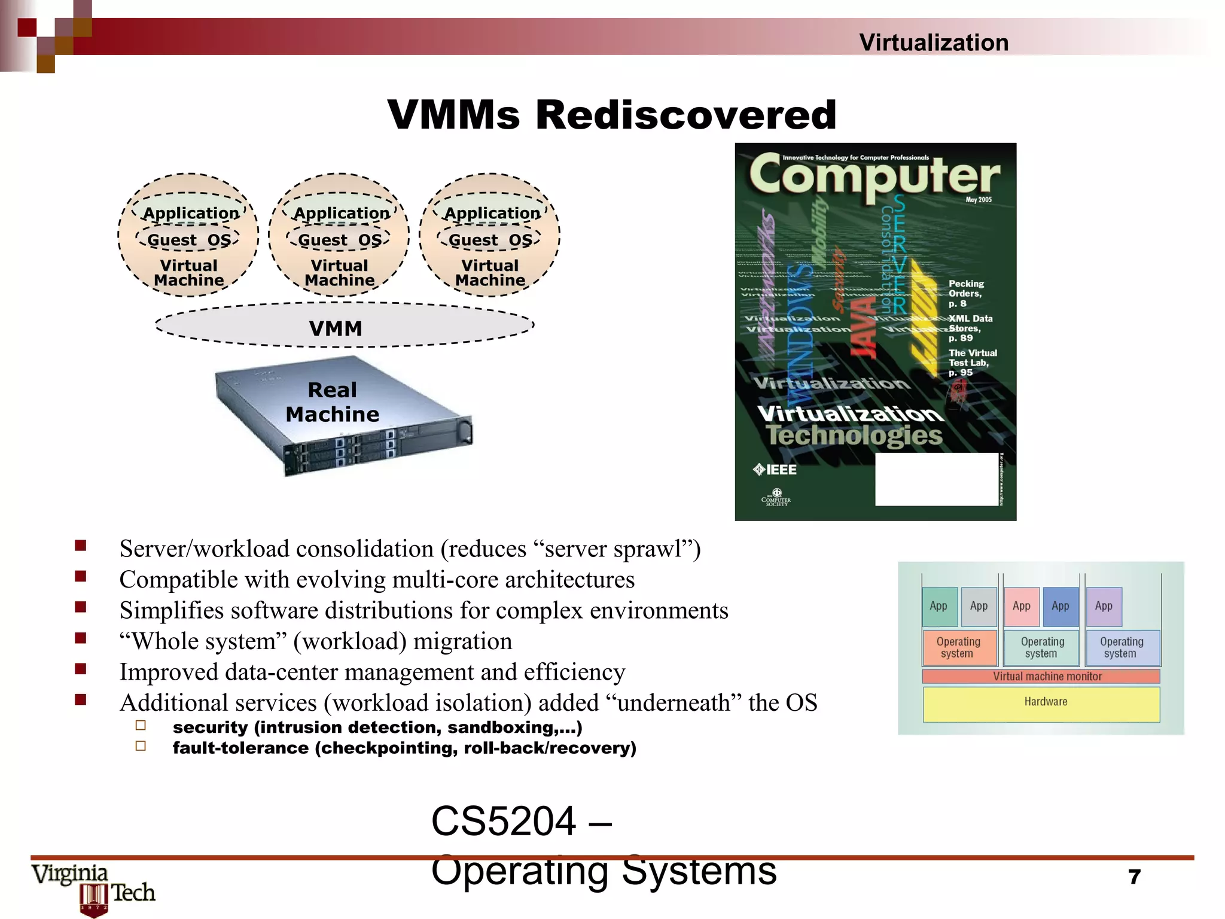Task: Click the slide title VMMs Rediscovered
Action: point(611,115)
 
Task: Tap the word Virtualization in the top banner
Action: point(933,42)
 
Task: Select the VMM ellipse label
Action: point(336,328)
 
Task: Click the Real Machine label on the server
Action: point(332,402)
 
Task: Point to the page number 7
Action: point(1134,877)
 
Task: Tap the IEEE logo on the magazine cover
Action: point(775,470)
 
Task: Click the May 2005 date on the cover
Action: point(979,200)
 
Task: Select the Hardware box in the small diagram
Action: point(1045,702)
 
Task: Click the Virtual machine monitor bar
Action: point(1046,676)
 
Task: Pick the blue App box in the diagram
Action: point(1060,606)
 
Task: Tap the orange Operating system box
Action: point(958,647)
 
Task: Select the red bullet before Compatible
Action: point(81,576)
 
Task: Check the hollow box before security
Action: point(141,726)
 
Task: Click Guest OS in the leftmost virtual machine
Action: point(189,240)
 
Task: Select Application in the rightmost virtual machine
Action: point(492,213)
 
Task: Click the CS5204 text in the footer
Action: point(504,821)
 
